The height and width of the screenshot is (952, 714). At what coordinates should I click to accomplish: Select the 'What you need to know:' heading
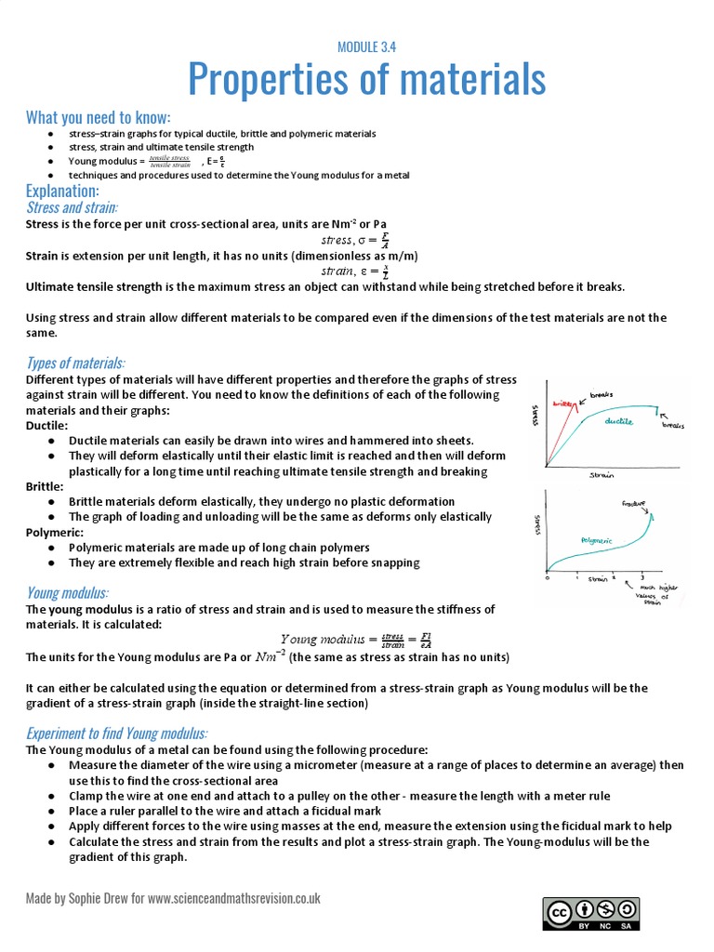point(99,117)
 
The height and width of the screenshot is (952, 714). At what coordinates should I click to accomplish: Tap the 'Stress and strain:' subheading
point(78,207)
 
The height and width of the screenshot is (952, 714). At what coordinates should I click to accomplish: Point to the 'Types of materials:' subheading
point(75,362)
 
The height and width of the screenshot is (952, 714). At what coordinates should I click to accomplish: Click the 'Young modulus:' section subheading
point(67,592)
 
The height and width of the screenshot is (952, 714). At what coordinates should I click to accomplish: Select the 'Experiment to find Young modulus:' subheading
point(117,733)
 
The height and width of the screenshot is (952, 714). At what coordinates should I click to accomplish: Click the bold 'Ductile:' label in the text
point(46,425)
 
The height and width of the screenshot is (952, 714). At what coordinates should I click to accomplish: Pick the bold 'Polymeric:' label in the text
point(55,532)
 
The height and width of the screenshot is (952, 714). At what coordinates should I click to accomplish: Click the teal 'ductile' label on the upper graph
point(618,421)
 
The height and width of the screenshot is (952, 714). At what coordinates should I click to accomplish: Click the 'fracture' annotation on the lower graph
point(634,503)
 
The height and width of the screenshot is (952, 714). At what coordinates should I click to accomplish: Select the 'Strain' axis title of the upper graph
point(602,475)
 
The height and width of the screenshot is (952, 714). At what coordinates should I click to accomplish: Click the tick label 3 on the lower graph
point(642,578)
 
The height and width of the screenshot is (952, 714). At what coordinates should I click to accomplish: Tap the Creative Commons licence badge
point(592,915)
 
